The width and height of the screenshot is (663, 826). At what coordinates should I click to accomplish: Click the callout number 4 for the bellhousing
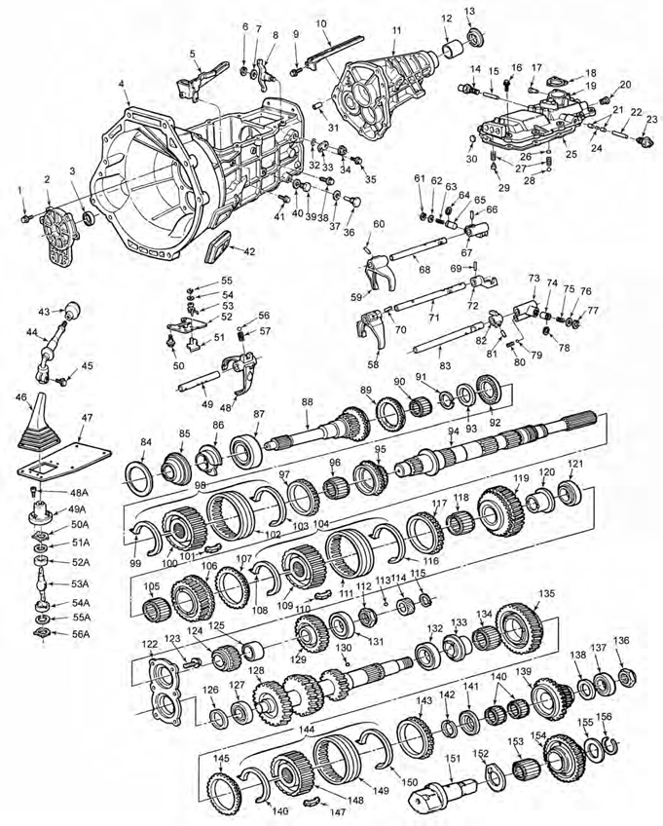click(x=122, y=85)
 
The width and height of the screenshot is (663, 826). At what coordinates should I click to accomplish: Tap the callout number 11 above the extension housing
click(x=395, y=31)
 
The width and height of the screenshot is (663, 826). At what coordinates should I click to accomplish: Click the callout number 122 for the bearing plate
click(x=148, y=644)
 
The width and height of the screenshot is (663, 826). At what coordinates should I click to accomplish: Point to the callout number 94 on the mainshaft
click(x=453, y=430)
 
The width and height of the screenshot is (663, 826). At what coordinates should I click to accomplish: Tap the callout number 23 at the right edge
click(x=651, y=119)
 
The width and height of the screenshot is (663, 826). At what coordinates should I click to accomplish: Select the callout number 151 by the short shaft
click(x=452, y=758)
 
